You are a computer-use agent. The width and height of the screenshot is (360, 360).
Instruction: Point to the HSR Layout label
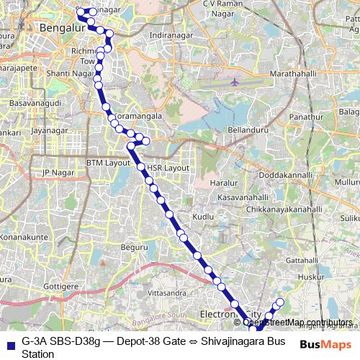[x=168, y=168]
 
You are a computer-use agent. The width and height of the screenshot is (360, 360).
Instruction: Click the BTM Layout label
[x=108, y=163]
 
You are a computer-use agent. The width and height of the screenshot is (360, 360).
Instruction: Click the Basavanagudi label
[x=32, y=104]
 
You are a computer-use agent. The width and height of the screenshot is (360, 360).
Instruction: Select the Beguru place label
[x=135, y=247]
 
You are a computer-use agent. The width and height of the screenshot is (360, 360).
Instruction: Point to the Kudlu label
[x=204, y=216]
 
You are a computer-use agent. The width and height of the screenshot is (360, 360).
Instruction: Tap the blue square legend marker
[x=9, y=341]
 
